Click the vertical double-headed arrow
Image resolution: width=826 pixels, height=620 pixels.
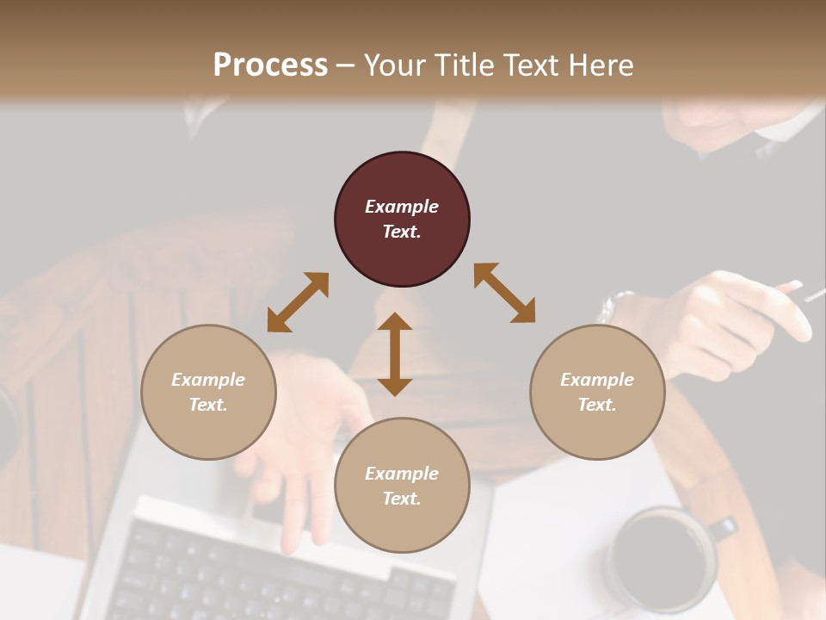pyautogui.click(x=395, y=354)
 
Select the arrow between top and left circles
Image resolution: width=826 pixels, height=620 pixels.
pyautogui.click(x=298, y=302)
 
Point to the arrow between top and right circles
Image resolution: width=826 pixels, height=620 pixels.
pyautogui.click(x=504, y=293)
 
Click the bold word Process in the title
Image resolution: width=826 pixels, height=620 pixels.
pyautogui.click(x=270, y=65)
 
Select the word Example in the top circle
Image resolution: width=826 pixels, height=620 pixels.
pyautogui.click(x=402, y=207)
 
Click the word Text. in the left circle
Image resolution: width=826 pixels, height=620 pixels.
pyautogui.click(x=208, y=405)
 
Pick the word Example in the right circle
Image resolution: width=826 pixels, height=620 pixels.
pyautogui.click(x=597, y=380)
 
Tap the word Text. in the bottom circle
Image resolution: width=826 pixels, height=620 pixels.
pyautogui.click(x=402, y=499)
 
